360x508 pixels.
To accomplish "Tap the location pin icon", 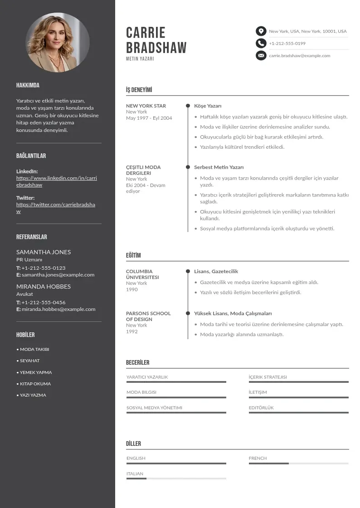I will [x=261, y=31].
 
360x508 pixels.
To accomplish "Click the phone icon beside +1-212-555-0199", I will [x=261, y=44].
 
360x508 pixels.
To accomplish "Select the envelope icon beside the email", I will [x=261, y=56].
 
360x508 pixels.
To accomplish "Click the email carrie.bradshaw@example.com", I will [x=299, y=56].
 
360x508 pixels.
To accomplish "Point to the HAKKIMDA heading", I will [x=28, y=85].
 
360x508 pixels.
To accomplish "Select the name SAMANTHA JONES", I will [x=44, y=252].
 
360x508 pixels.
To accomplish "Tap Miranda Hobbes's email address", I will [x=58, y=309].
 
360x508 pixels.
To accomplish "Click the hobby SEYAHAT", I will [x=29, y=361].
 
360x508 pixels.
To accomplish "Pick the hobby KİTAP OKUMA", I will [x=35, y=384].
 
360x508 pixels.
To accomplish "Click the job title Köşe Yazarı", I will [x=208, y=106].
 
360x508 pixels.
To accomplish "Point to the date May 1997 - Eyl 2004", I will [x=149, y=118].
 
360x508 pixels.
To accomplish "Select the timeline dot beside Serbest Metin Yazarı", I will [x=188, y=167].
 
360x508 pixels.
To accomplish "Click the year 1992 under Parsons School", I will [x=131, y=332].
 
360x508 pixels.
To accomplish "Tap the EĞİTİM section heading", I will [x=133, y=255].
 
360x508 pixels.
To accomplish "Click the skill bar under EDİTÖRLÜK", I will [x=298, y=412].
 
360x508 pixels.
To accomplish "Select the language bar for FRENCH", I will [x=298, y=464].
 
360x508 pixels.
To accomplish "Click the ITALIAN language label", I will [x=135, y=474].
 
